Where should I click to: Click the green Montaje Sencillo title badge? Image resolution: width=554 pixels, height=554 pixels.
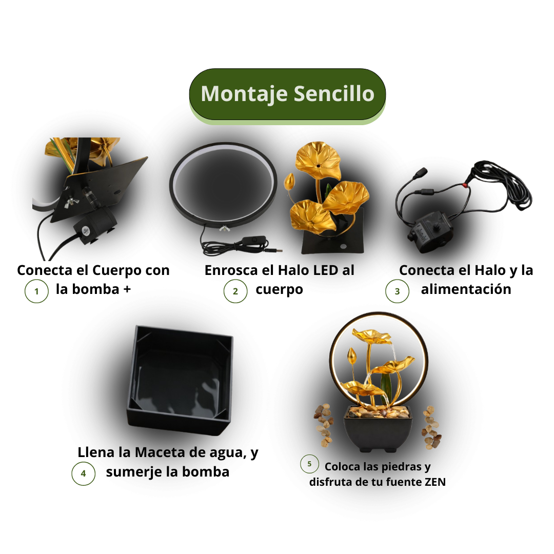(287, 94)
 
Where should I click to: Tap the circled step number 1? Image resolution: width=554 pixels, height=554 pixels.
(36, 291)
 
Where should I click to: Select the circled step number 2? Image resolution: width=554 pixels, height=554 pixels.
(235, 291)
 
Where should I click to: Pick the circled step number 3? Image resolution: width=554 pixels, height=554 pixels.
(397, 291)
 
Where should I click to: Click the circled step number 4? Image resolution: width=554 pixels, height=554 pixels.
(84, 473)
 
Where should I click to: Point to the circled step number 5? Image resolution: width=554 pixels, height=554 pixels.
(309, 464)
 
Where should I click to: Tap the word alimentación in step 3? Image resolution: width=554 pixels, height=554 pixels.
(466, 289)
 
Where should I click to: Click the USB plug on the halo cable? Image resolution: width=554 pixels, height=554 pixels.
(275, 251)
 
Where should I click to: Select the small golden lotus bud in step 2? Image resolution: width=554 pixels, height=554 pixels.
(289, 181)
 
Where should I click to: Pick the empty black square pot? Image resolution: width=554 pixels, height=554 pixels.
(180, 380)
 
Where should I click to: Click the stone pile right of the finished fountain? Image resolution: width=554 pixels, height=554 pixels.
(431, 427)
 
